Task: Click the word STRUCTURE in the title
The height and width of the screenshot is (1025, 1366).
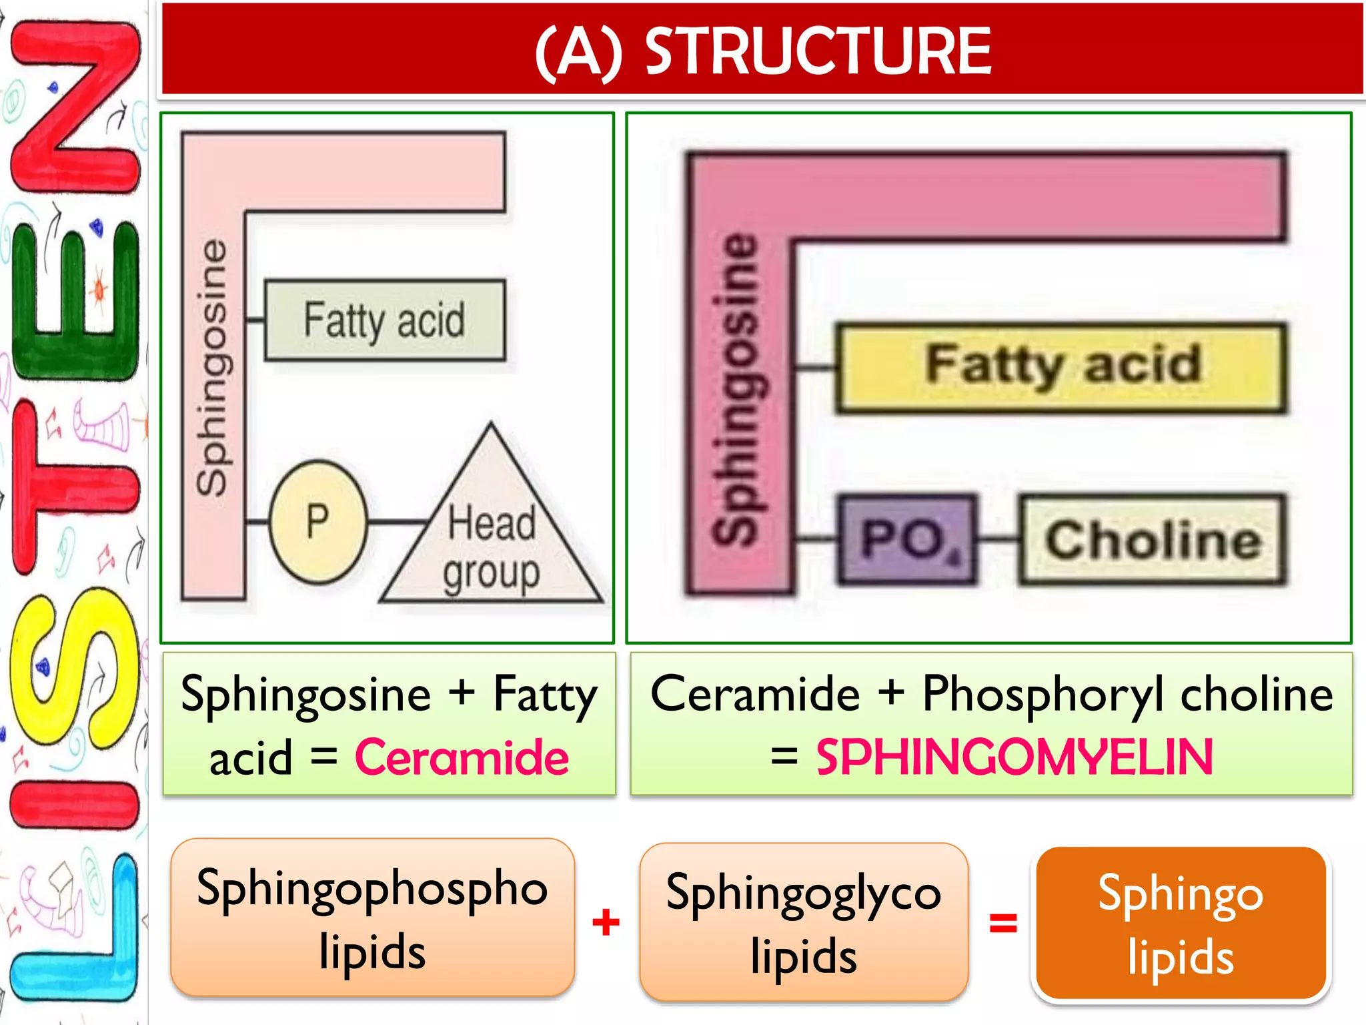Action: point(818,51)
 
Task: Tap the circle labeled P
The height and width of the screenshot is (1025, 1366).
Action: point(318,521)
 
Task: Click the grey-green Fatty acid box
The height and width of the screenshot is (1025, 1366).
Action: point(385,320)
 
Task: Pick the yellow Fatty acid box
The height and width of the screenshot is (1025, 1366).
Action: point(1062,368)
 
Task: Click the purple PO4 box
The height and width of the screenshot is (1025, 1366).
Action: point(908,539)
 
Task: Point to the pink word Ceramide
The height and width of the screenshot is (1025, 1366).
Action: point(462,758)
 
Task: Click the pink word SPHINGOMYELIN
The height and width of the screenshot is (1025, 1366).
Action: point(1014,758)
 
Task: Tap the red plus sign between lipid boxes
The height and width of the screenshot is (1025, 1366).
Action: point(606,923)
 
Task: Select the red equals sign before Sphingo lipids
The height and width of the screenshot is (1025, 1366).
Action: point(1002,924)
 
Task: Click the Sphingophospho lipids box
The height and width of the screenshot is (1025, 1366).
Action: point(372,918)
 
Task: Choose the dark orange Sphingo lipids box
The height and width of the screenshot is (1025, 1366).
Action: point(1181,924)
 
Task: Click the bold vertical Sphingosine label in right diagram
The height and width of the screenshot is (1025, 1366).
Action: point(737,387)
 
